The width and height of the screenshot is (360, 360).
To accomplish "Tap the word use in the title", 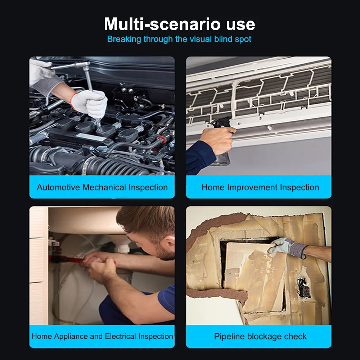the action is [240, 24].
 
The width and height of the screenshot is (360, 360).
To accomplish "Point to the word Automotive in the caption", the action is [58, 187].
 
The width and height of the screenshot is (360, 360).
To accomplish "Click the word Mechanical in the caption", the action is [104, 187].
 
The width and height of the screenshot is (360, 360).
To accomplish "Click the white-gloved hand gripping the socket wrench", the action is [90, 103].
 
